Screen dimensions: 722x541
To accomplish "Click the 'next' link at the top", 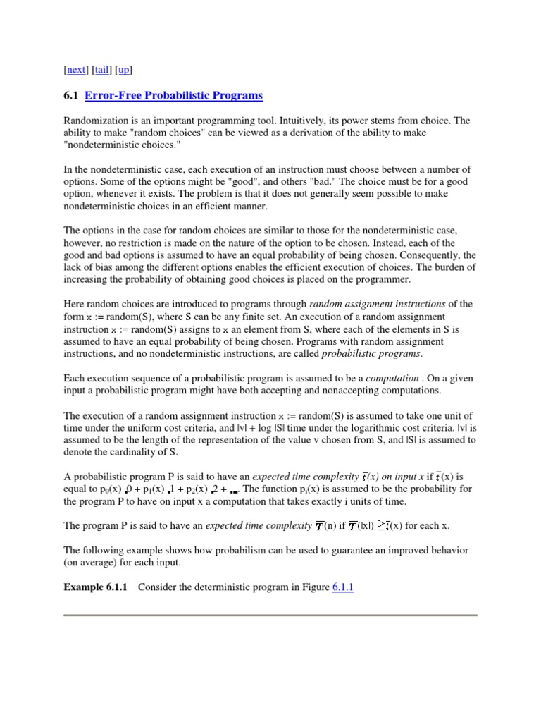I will [77, 70].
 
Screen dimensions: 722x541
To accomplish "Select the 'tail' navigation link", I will [102, 70].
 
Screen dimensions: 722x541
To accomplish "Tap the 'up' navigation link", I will [124, 70].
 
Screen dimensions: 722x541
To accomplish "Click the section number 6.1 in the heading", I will [71, 95].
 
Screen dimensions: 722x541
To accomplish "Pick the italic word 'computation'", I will [397, 378].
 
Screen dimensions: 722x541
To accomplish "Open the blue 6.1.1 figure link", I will [344, 587].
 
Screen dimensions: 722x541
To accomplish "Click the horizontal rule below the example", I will [270, 615].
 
